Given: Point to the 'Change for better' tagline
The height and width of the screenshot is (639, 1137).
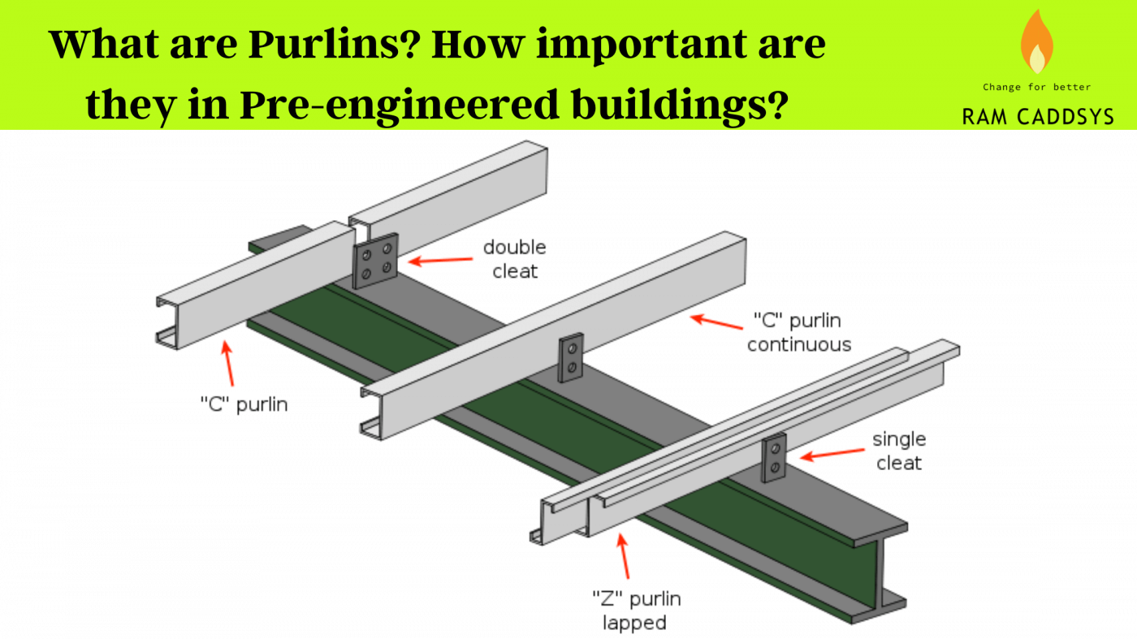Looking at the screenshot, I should pos(1037,87).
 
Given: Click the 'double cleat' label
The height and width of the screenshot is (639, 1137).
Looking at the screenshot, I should pos(515,259).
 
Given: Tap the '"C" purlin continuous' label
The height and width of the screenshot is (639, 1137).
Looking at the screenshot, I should pos(799,331).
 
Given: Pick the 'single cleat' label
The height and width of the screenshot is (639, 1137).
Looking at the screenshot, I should pos(899,451).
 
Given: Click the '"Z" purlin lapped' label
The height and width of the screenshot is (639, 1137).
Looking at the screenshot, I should pos(636,611).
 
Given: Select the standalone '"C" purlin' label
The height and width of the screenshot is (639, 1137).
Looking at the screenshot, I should pos(244,404).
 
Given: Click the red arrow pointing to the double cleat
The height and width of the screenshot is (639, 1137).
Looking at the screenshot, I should pos(439,261).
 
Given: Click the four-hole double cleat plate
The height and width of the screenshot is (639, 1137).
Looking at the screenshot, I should pos(375,261).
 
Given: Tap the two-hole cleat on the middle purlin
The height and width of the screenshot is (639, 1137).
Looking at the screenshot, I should pos(572,358).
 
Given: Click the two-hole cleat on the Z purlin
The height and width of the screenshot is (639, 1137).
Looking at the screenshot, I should pos(774,457).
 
